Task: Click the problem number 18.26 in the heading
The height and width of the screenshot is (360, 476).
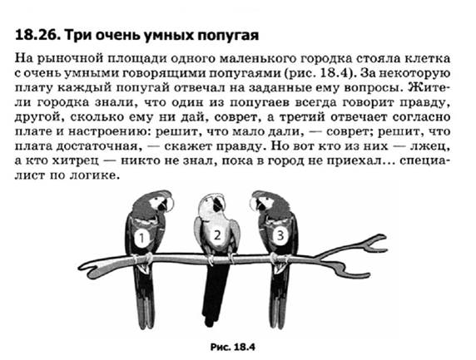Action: click(36, 35)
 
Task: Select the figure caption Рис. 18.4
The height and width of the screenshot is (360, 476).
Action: click(232, 347)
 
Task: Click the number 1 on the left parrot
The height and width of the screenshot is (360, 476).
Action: click(141, 239)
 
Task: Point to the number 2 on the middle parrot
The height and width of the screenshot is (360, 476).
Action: click(217, 235)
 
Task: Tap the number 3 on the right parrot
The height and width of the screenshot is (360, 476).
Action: click(280, 235)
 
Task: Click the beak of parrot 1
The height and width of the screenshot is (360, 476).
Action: click(169, 204)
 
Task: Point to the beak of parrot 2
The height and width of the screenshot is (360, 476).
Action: click(216, 205)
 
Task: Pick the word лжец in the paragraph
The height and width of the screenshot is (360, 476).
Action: click(428, 146)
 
